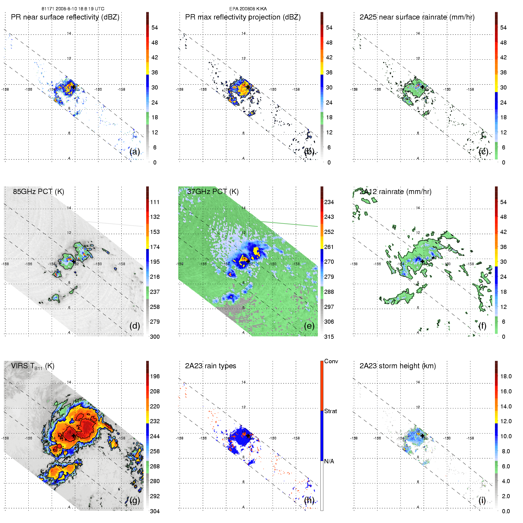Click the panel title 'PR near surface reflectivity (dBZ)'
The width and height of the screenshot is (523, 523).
click(65, 17)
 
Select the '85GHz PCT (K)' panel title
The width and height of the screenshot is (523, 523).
click(38, 192)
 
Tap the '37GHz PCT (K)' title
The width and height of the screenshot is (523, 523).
click(213, 192)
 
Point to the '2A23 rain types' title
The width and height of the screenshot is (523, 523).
click(211, 366)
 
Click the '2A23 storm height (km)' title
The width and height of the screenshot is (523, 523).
click(397, 366)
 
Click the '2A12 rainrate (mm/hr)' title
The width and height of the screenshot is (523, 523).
click(396, 192)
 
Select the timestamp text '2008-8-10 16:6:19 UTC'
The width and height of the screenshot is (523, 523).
click(79, 9)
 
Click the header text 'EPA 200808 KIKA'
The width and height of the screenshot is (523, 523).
click(248, 9)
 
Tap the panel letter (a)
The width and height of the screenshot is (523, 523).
click(135, 151)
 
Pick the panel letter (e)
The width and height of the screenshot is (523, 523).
click(309, 326)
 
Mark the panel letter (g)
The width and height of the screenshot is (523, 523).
click(135, 500)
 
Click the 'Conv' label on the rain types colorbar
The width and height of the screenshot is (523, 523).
click(331, 361)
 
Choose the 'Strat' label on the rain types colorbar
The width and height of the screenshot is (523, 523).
click(330, 411)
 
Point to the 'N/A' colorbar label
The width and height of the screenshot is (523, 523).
click(329, 461)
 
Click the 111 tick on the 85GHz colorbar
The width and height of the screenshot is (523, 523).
click(155, 202)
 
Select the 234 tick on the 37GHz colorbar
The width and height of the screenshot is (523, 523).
click(329, 202)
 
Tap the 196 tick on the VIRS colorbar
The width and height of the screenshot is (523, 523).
click(155, 376)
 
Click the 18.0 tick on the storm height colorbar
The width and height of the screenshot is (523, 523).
click(506, 376)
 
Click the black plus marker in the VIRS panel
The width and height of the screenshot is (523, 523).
click(74, 436)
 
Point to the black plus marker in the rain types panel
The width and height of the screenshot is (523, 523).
click(248, 436)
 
